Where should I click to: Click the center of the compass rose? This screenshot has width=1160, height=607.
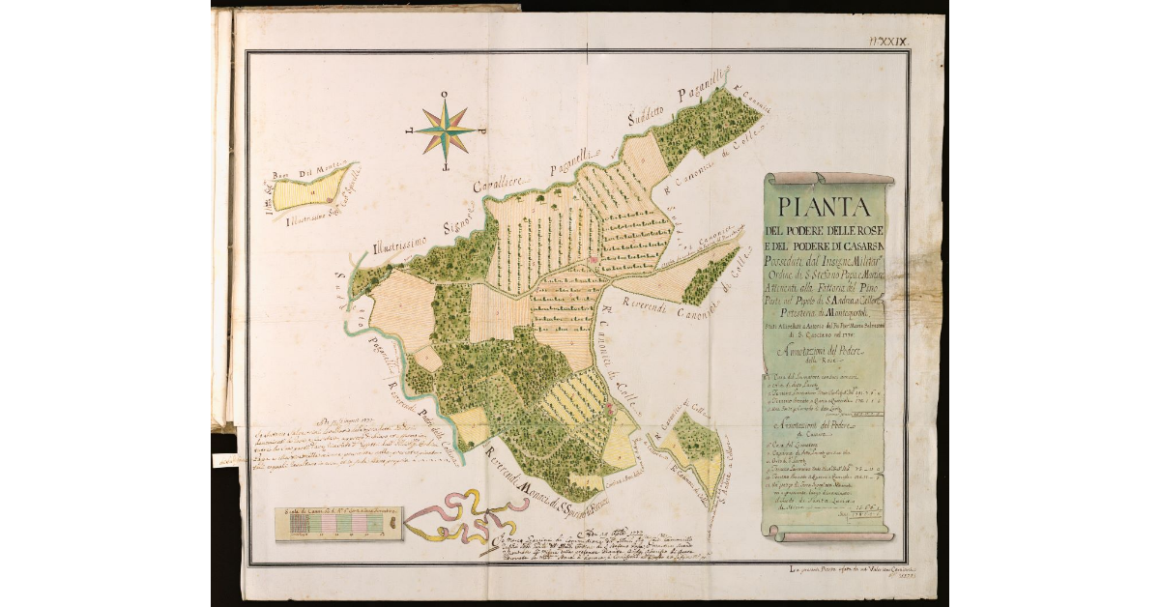pos(446,130)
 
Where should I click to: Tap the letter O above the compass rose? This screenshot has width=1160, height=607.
pos(445,95)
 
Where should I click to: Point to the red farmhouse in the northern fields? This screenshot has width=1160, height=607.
pos(592,259)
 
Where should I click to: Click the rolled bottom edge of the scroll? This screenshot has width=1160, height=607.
pos(833,535)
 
